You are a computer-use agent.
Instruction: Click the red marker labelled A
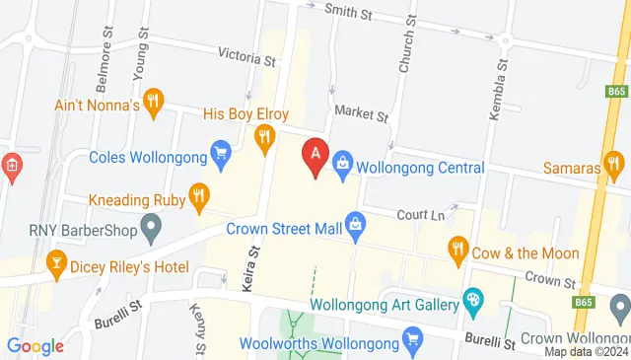click(315, 156)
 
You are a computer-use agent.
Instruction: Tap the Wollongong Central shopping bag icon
click(342, 160)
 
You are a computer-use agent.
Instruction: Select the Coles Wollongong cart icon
click(221, 153)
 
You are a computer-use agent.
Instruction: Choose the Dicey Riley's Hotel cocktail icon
click(56, 262)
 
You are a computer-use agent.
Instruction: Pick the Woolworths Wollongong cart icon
click(413, 343)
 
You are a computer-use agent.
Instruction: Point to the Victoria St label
click(246, 59)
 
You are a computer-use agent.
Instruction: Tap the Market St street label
click(362, 115)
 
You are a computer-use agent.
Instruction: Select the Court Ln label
click(422, 214)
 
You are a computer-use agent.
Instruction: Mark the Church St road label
click(404, 49)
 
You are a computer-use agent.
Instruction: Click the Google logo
click(35, 345)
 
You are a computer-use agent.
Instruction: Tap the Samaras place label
click(572, 169)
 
